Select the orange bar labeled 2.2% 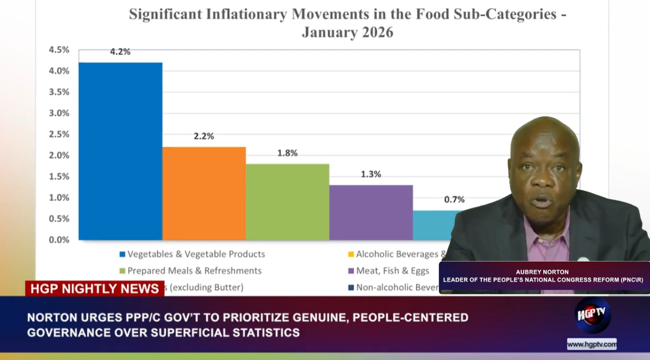coord(204,193)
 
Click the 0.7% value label coord(454,200)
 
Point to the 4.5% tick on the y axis coord(59,50)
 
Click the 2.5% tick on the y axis coord(59,134)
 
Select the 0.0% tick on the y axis coord(59,240)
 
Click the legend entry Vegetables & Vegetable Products coord(196,254)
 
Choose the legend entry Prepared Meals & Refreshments coord(194,271)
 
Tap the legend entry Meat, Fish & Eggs coord(393,271)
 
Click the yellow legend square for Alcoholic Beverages coord(350,254)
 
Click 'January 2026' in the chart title coord(347,32)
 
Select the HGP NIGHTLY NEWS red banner coord(94,288)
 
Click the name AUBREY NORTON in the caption coord(542,272)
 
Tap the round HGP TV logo coord(592,314)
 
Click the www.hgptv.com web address coord(592,344)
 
